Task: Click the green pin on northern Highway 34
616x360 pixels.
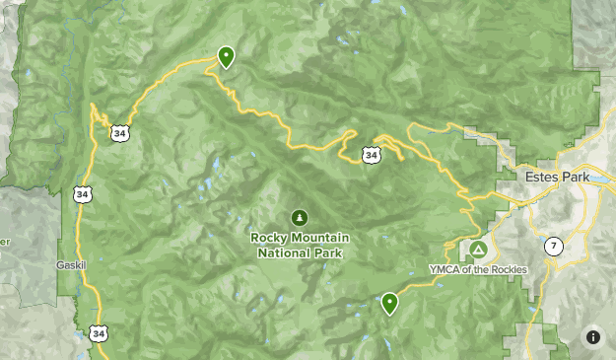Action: (x=226, y=57)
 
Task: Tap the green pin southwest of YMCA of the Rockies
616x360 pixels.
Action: (x=390, y=303)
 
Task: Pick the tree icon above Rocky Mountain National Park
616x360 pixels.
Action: (x=299, y=217)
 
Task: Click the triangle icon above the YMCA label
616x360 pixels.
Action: (x=478, y=250)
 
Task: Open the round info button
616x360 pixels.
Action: (x=593, y=336)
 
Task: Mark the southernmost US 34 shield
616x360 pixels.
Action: (x=98, y=333)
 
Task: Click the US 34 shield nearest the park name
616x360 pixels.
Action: (x=370, y=155)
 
